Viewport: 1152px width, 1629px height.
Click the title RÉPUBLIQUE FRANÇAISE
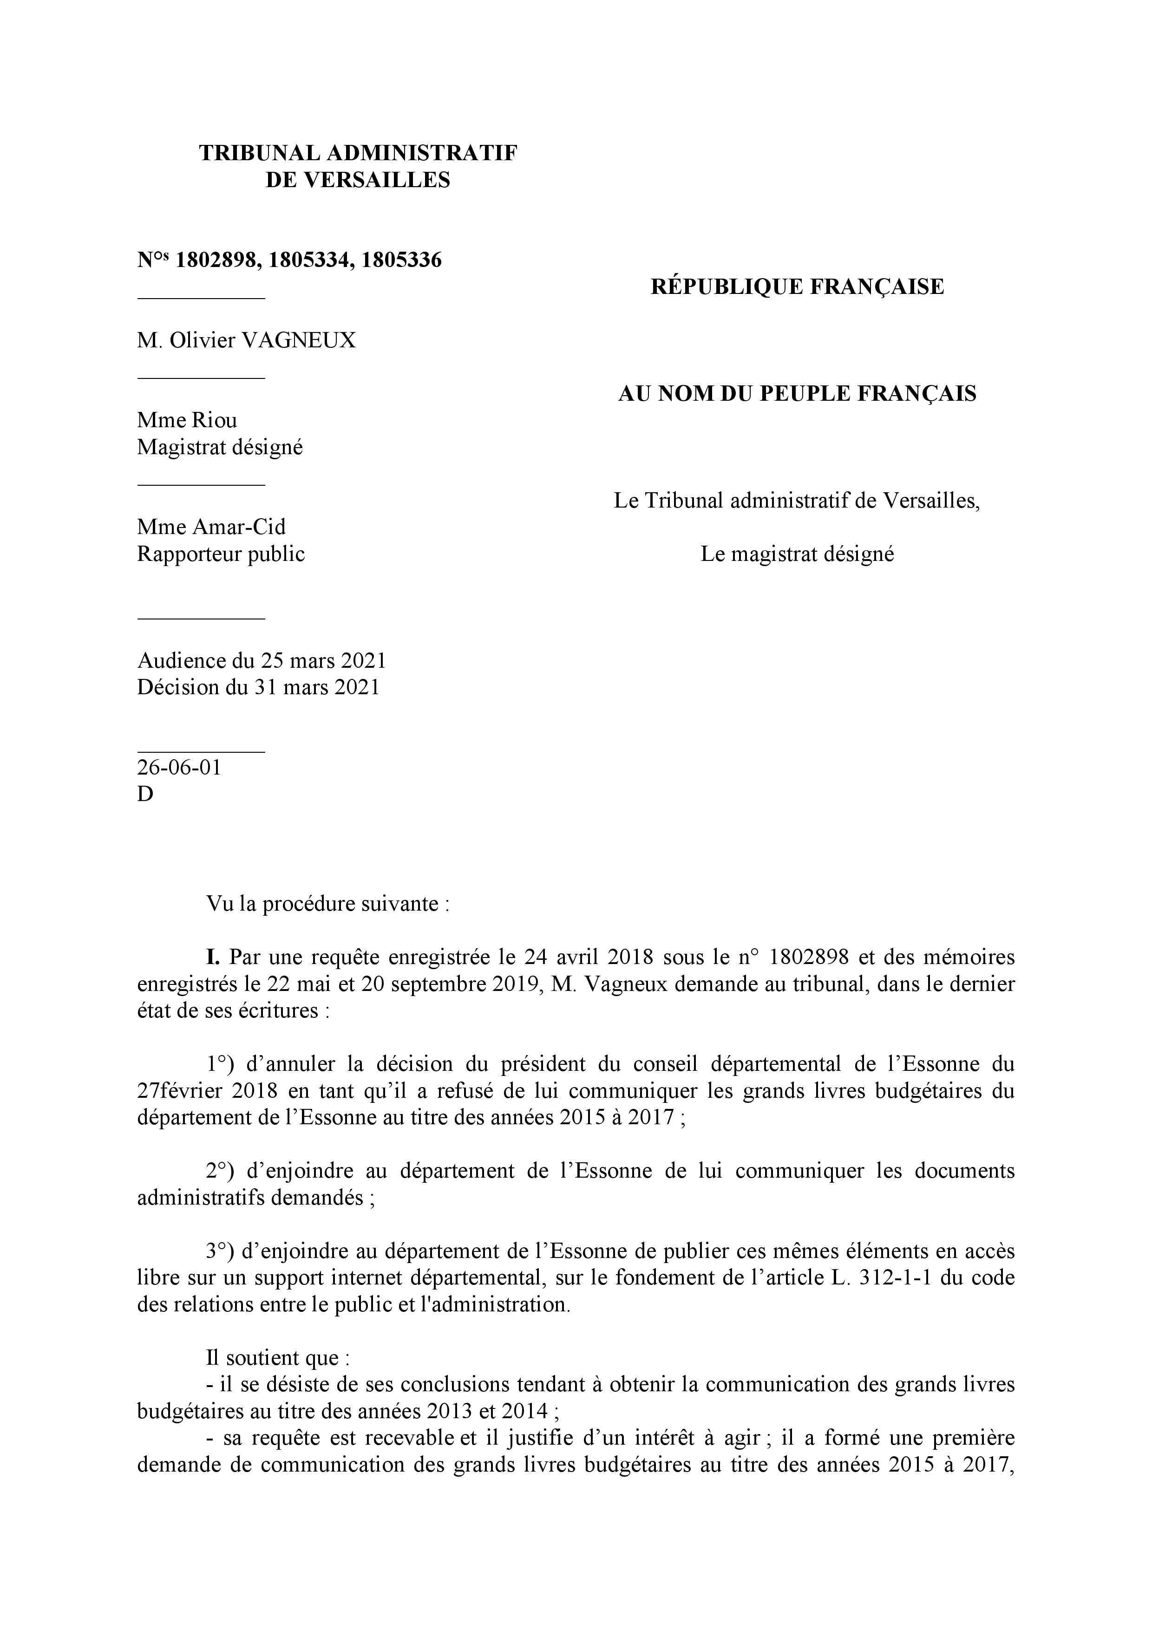(797, 287)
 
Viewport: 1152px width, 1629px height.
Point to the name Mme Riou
(187, 420)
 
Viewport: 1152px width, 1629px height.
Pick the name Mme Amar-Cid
(211, 527)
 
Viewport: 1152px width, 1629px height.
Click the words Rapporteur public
(220, 554)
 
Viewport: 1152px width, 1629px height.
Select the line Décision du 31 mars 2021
(258, 688)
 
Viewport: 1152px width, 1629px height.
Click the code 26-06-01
(179, 768)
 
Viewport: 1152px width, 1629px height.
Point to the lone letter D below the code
(145, 795)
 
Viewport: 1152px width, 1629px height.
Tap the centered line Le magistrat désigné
(797, 554)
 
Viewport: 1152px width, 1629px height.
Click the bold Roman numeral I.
(211, 957)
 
